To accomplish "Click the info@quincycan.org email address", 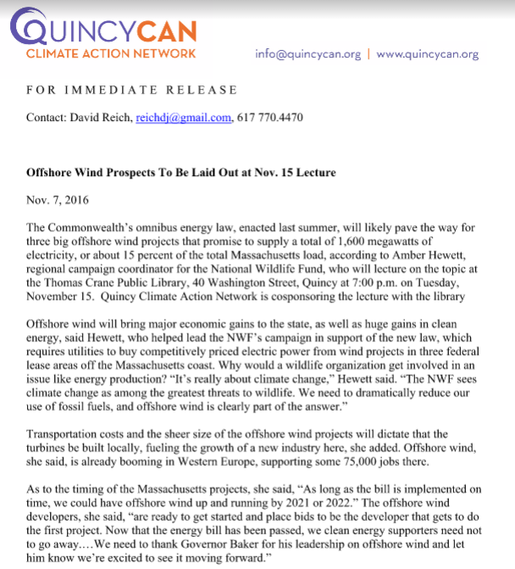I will point(307,53).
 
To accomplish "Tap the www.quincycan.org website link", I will point(428,53).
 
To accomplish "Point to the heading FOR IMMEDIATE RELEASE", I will point(131,91).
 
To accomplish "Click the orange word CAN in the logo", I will point(167,31).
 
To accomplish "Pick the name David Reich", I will point(107,118).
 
